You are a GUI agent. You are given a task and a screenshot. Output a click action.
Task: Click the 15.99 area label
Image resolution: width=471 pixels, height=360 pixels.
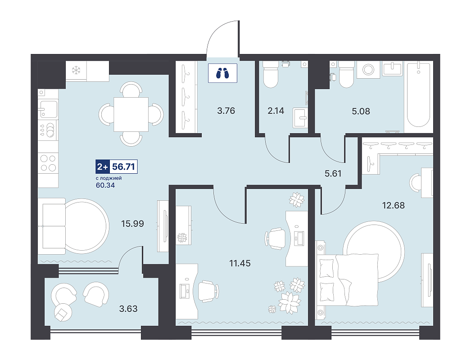pyautogui.click(x=132, y=224)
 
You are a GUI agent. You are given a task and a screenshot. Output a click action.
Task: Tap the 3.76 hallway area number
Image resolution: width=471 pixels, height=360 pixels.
pyautogui.click(x=226, y=111)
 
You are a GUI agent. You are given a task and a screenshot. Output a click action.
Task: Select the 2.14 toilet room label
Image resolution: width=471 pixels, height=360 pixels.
pyautogui.click(x=276, y=111)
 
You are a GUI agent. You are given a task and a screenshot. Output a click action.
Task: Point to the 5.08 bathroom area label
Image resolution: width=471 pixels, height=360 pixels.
pyautogui.click(x=361, y=112)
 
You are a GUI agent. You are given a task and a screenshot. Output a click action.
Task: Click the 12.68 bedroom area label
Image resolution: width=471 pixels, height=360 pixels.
pyautogui.click(x=393, y=205)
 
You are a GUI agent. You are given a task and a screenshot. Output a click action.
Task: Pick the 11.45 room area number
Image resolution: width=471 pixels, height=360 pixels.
pyautogui.click(x=240, y=263)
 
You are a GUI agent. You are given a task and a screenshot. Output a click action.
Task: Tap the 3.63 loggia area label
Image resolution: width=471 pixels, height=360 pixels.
pyautogui.click(x=128, y=309)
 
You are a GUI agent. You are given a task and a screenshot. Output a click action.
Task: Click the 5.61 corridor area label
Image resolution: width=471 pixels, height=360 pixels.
pyautogui.click(x=333, y=174)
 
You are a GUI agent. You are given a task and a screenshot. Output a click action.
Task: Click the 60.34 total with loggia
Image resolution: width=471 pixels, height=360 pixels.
pyautogui.click(x=105, y=185)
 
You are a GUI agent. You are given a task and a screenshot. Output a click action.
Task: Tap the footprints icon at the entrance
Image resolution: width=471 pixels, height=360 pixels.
pyautogui.click(x=222, y=73)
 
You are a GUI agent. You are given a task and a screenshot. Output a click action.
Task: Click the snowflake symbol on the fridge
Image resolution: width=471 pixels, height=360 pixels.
pyautogui.click(x=76, y=71)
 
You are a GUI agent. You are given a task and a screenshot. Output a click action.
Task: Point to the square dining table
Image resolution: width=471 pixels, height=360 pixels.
pyautogui.click(x=131, y=114)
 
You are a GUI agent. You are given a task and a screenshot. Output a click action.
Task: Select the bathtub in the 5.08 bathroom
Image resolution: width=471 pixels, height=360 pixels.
pyautogui.click(x=418, y=97)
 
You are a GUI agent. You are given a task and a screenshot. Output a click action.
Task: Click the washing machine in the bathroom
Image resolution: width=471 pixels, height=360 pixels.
pyautogui.click(x=368, y=70)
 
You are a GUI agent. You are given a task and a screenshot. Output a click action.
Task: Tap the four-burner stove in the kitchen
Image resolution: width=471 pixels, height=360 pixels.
pyautogui.click(x=48, y=163)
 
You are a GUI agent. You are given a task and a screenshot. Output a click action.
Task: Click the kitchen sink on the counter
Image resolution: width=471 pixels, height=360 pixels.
pyautogui.click(x=48, y=109)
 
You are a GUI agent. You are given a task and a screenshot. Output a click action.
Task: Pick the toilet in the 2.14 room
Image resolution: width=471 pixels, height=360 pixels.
pyautogui.click(x=270, y=74)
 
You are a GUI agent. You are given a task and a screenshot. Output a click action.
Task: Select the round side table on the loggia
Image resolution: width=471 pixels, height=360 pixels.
pyautogui.click(x=63, y=313)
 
